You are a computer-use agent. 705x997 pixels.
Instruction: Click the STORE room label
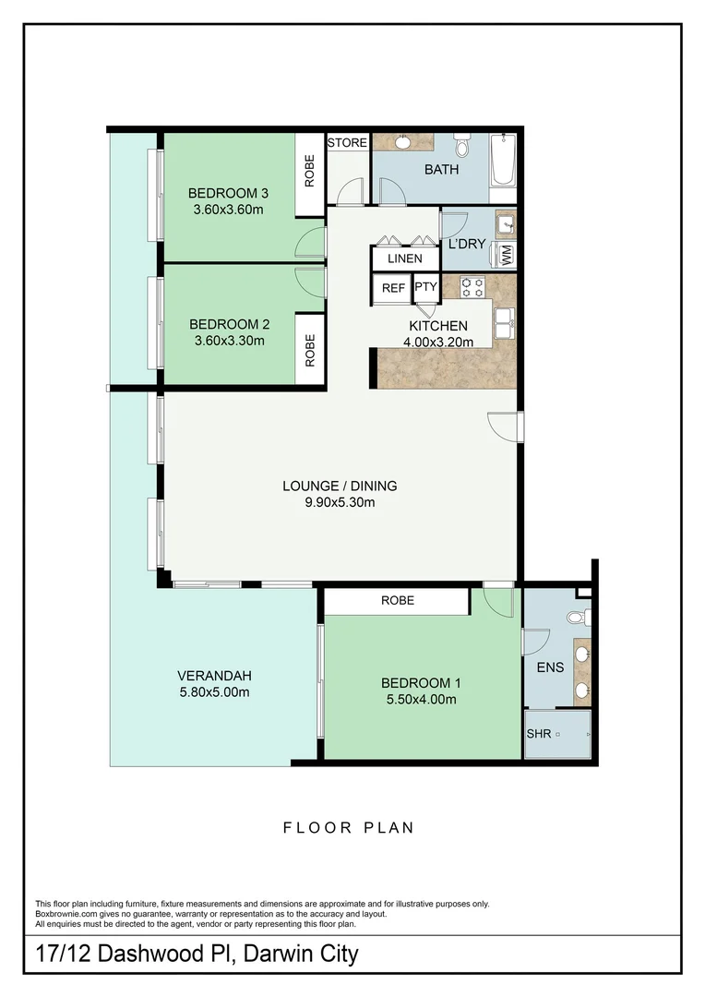[x=348, y=143]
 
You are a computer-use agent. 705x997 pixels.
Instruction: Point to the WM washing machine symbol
[x=506, y=255]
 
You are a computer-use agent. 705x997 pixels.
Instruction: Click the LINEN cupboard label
[x=404, y=259]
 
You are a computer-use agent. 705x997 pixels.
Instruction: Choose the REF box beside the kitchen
[x=393, y=288]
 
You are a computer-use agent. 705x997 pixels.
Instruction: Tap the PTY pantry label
[x=425, y=288]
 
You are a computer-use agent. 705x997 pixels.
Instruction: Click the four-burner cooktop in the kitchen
[x=472, y=285]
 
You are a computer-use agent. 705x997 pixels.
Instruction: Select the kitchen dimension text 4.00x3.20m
[x=438, y=342]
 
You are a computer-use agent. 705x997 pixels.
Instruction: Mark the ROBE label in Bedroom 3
[x=310, y=171]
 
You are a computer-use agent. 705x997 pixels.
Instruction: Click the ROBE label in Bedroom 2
[x=310, y=350]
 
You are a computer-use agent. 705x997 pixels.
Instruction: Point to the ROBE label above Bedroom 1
[x=398, y=600]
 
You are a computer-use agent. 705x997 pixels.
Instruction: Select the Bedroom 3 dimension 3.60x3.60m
[x=227, y=209]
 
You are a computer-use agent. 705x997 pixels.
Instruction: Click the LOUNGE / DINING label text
[x=340, y=486]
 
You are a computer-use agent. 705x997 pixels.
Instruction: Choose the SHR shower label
[x=538, y=734]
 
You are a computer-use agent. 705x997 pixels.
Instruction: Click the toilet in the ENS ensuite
[x=576, y=617]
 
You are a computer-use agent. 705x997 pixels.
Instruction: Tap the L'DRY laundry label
[x=466, y=245]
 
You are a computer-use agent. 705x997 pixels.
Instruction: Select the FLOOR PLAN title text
[x=348, y=827]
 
